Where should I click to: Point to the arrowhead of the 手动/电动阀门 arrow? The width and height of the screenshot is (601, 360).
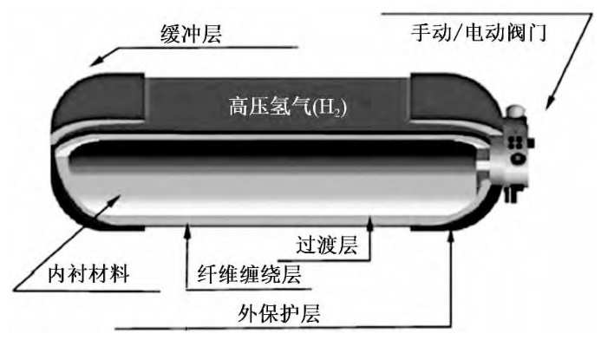coord(546,108)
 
